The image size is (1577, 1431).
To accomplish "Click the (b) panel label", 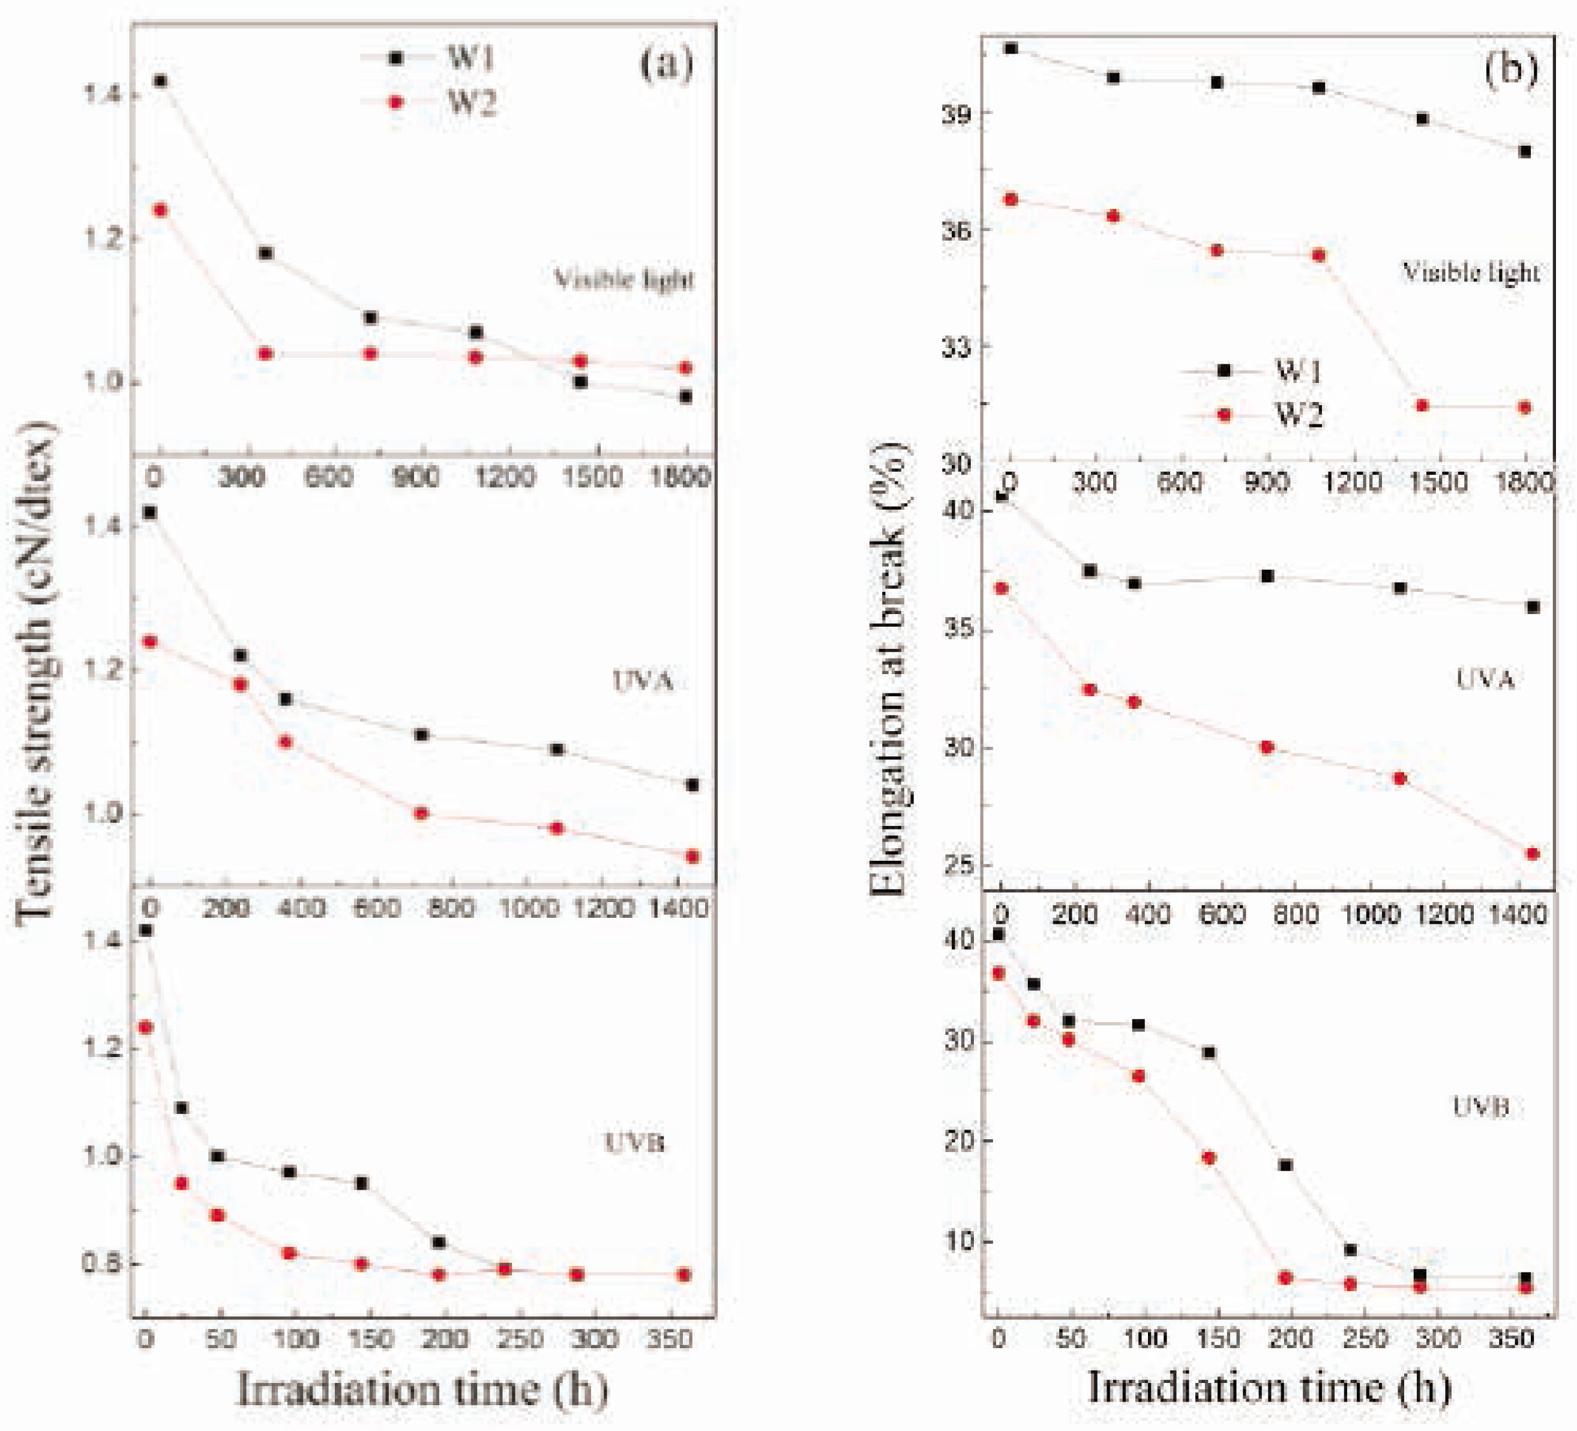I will [1510, 70].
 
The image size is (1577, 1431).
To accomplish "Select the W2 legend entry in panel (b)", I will [1299, 415].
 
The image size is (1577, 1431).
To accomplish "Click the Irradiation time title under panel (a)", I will [422, 1390].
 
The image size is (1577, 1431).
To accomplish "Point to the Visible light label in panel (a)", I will [623, 279].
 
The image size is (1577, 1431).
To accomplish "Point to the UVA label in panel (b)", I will [1485, 678].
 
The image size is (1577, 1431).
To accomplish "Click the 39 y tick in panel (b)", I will [955, 113].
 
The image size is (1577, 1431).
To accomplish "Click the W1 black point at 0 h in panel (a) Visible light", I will [160, 80].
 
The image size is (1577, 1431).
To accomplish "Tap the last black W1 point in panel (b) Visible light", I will [1524, 152].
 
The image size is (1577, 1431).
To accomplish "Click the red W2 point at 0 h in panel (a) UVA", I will [149, 642].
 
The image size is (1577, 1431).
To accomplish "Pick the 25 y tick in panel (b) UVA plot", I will [958, 866].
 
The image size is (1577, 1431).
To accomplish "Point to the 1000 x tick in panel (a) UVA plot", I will [531, 908].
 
